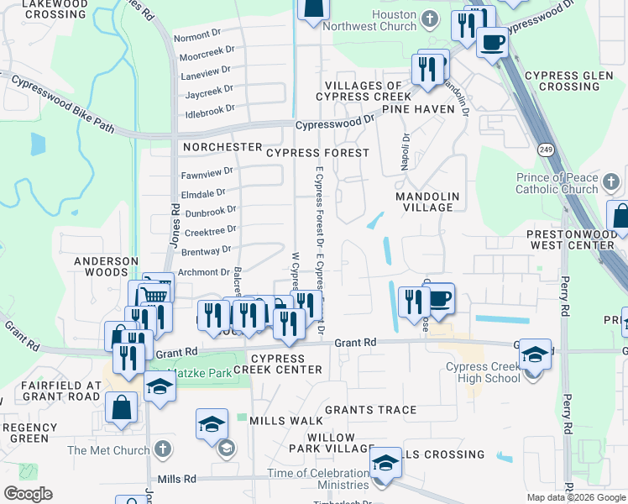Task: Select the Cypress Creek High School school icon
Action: click(535, 354)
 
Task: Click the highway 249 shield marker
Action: click(545, 149)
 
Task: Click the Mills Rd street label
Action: click(176, 479)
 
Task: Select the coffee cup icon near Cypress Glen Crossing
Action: click(492, 42)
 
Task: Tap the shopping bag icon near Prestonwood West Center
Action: click(620, 216)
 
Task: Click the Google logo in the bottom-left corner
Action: click(28, 494)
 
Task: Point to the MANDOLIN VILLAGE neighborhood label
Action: click(427, 202)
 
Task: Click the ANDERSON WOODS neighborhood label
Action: click(106, 267)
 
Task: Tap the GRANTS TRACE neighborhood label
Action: click(370, 410)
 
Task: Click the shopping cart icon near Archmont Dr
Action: click(155, 294)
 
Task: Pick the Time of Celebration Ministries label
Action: click(318, 479)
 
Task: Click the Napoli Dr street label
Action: click(406, 152)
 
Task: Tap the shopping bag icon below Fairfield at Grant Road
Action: click(122, 407)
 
